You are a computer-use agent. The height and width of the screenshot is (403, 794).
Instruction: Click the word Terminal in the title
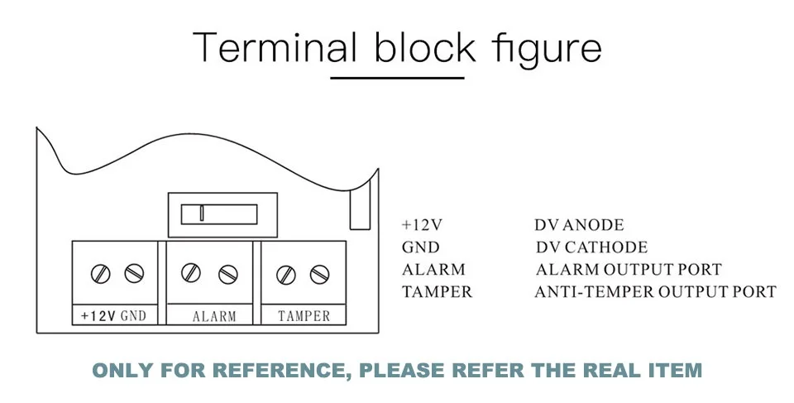click(275, 46)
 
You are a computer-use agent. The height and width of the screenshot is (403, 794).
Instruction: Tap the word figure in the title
click(547, 49)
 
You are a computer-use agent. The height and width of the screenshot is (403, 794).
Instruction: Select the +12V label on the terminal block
click(98, 316)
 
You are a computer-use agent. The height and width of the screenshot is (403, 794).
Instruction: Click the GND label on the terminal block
click(133, 316)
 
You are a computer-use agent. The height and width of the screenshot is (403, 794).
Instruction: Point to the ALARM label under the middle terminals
click(214, 317)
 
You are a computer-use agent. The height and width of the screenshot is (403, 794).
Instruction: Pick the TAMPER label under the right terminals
click(304, 316)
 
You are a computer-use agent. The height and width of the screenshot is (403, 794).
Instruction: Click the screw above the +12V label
click(100, 274)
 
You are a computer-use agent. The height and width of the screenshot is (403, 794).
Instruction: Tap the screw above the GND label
click(134, 274)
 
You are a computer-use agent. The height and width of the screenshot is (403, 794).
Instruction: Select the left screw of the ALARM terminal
click(191, 272)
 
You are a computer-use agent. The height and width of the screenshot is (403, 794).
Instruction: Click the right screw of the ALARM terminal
click(228, 274)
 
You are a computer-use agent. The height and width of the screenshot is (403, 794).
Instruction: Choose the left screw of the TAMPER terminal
click(286, 275)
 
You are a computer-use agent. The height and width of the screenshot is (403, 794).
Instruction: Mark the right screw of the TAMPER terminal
click(319, 275)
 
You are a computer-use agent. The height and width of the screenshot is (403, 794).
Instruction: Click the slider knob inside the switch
click(202, 213)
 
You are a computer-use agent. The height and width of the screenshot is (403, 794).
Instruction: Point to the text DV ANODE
click(579, 224)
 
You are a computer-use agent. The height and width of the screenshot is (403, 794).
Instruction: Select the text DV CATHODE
click(591, 247)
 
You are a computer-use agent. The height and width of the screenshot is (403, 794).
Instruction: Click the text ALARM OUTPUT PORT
click(629, 269)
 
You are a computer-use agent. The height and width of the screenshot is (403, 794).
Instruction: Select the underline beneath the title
click(397, 78)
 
